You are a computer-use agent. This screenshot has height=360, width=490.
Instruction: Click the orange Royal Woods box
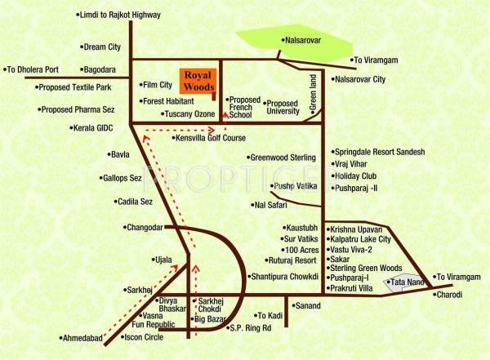coord(199,79)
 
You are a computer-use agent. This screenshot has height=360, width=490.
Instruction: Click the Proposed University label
coord(283,108)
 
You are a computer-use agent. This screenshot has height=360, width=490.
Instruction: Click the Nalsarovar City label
coord(360,79)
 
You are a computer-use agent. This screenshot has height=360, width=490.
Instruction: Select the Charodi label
coord(448,295)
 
